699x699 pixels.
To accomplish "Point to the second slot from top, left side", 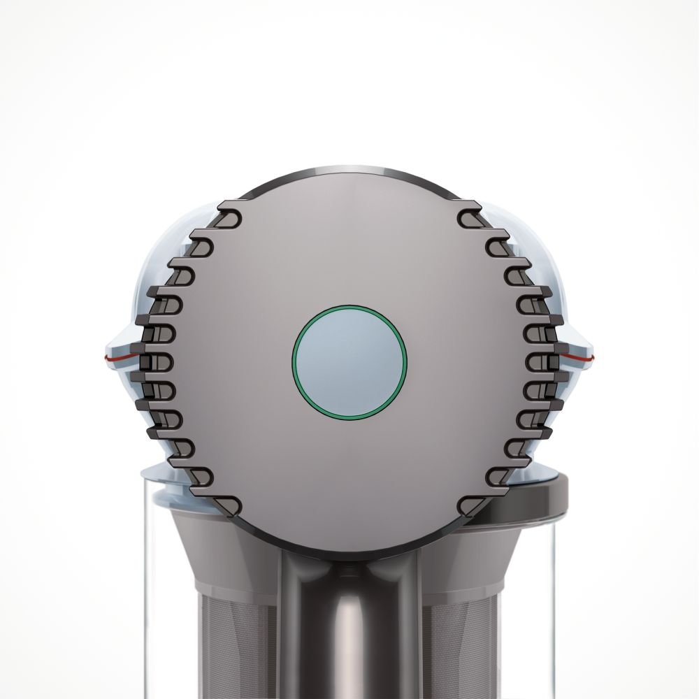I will point(203,242).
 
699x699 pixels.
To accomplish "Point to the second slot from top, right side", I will point(496,242).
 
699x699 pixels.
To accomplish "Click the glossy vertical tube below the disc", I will point(349,629).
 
